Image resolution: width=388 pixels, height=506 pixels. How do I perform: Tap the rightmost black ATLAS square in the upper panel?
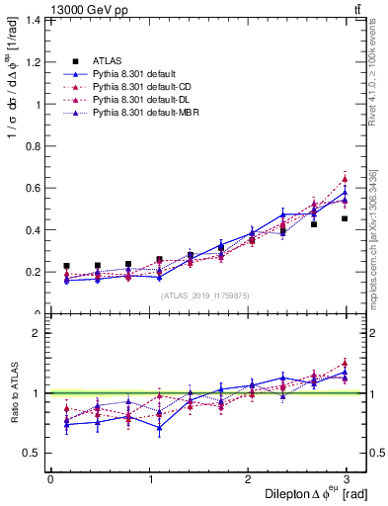coord(345,218)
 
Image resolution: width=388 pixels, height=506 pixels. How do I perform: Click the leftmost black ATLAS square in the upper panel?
coord(66,266)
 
